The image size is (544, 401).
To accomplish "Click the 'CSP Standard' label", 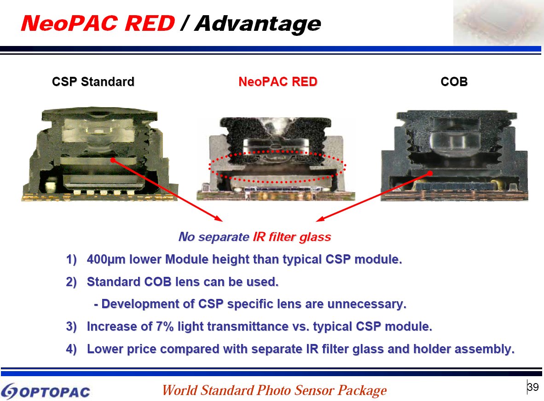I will [93, 82].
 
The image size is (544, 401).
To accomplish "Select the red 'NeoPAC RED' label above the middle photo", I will [278, 82].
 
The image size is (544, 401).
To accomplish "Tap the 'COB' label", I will [454, 82].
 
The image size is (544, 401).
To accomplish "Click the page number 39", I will [533, 387].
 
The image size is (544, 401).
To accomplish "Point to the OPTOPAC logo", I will [46, 391].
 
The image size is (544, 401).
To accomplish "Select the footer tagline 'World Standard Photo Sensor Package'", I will [274, 390].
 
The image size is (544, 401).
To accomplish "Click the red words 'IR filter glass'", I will [292, 237].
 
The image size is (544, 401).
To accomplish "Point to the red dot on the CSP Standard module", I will [112, 160].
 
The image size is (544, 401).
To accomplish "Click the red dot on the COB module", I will [429, 173].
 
